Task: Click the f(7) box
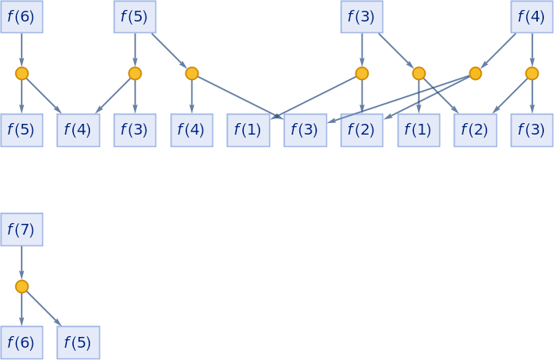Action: point(22,229)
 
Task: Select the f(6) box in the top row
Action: point(22,16)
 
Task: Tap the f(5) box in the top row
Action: point(135,16)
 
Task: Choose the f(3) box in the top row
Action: point(362,16)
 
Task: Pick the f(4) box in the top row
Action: point(532,16)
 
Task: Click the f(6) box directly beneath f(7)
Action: point(22,342)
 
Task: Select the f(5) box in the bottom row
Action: point(78,342)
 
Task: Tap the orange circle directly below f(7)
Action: point(22,286)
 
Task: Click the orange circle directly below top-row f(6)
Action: point(22,73)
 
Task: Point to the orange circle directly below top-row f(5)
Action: point(135,73)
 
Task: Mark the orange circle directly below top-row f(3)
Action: point(362,73)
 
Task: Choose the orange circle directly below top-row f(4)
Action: point(532,73)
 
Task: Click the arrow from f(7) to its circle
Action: point(22,262)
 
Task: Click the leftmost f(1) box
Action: point(249,130)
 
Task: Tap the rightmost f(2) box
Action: point(475,130)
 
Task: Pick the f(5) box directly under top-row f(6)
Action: point(22,130)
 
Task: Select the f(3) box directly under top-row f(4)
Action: point(532,130)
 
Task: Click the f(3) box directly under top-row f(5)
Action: point(135,130)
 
